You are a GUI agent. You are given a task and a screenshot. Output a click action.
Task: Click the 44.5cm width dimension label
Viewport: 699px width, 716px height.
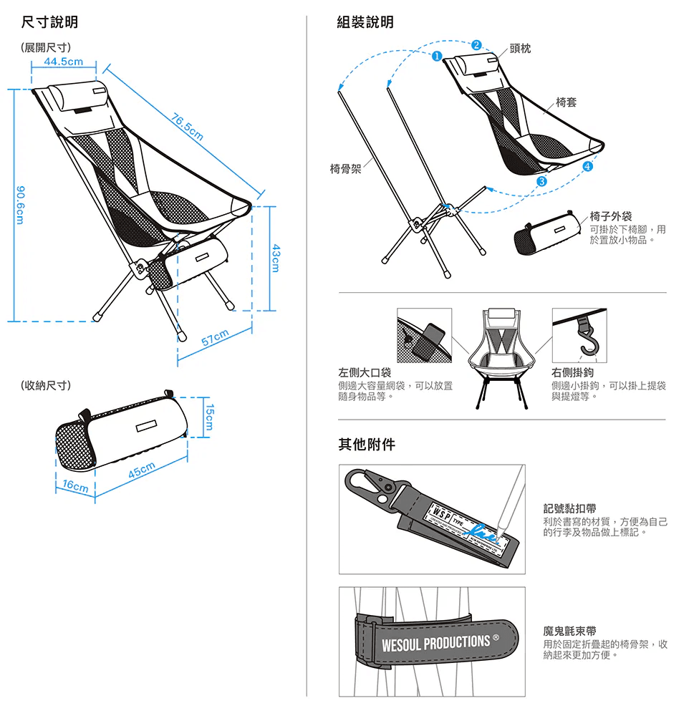pyautogui.click(x=63, y=62)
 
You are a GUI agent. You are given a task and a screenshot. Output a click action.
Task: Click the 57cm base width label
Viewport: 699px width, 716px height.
pyautogui.click(x=215, y=338)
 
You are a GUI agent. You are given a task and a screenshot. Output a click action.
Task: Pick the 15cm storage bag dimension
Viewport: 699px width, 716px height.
pyautogui.click(x=209, y=417)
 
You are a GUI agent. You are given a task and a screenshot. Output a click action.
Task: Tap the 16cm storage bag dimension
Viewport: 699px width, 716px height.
pyautogui.click(x=74, y=485)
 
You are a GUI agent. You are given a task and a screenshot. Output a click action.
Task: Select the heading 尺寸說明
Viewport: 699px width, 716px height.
pyautogui.click(x=49, y=23)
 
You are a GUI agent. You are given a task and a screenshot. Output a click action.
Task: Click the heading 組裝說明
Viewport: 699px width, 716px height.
pyautogui.click(x=365, y=23)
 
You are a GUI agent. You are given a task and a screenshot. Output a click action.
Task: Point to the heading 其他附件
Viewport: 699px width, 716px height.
pyautogui.click(x=366, y=445)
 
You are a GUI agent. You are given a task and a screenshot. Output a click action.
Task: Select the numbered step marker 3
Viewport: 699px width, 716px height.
pyautogui.click(x=541, y=181)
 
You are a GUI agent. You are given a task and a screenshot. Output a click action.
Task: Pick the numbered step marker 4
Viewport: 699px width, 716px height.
pyautogui.click(x=588, y=167)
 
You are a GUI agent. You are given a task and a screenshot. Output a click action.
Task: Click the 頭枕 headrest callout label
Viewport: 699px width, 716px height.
pyautogui.click(x=520, y=48)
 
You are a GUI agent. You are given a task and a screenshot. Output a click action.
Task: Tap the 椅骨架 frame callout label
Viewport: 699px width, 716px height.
pyautogui.click(x=345, y=168)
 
